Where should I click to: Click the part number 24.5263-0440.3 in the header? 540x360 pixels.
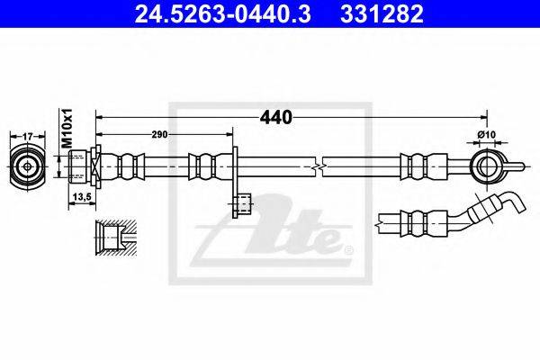point(222,14)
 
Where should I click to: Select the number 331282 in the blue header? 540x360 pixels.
point(382,14)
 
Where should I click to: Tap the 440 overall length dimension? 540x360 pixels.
point(276,118)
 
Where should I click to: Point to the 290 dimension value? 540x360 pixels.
point(159,134)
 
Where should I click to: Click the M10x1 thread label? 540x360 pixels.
point(67,128)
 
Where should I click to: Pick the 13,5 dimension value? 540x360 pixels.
point(82,197)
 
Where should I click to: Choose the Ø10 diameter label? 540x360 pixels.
point(487,134)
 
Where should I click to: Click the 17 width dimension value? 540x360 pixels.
point(28,137)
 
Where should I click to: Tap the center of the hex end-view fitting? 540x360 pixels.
point(28,166)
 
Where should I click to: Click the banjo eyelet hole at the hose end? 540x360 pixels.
point(487,166)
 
